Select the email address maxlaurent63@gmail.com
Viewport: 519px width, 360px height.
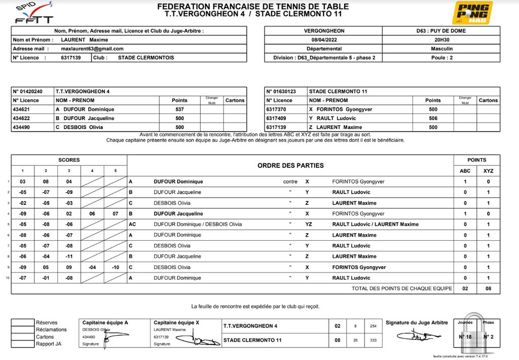point(92,49)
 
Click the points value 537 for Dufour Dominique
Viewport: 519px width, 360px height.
point(179,110)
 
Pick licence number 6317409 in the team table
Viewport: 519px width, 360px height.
point(276,119)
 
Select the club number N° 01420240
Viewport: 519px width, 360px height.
point(28,92)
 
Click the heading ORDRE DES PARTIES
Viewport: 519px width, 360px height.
point(290,166)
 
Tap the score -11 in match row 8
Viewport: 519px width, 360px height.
point(69,257)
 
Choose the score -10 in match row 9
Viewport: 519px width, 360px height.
point(115,267)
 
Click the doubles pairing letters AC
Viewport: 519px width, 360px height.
point(132,225)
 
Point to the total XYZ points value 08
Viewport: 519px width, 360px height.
point(488,289)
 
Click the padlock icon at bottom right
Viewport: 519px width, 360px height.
point(475,335)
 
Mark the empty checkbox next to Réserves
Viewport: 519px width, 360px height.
point(22,322)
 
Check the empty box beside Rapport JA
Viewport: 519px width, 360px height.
point(22,344)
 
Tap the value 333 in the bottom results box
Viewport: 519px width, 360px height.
point(374,340)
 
